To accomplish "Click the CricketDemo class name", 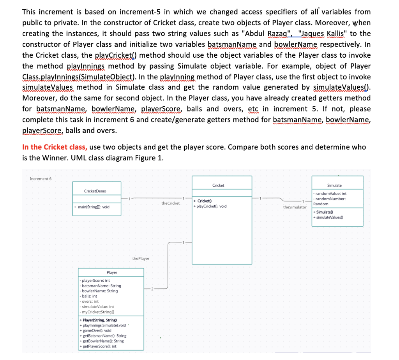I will [x=95, y=191].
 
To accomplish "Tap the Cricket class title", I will [x=218, y=185].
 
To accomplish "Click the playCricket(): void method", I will [x=210, y=206].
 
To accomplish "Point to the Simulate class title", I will [x=334, y=185].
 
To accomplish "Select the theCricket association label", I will [x=171, y=203].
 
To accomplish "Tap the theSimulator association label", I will [x=295, y=207].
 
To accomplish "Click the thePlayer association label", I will [x=141, y=258].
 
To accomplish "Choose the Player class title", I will [x=112, y=273].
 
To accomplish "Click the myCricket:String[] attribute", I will [x=96, y=312].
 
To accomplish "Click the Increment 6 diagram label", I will [x=43, y=179].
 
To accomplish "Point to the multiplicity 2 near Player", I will [x=153, y=289].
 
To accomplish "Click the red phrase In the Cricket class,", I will [x=55, y=147].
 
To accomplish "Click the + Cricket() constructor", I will [x=203, y=201].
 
